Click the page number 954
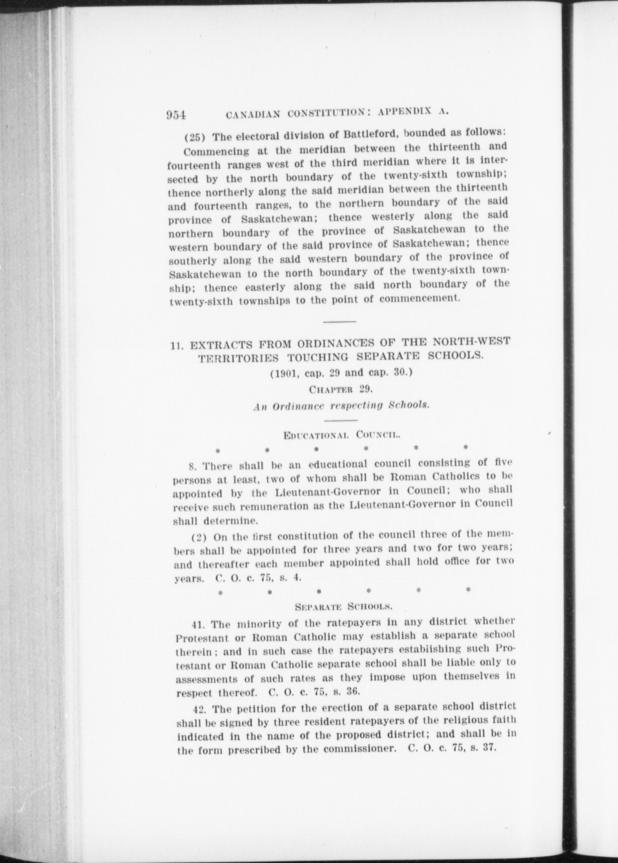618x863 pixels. coord(176,115)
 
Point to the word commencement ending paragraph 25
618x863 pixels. coord(419,299)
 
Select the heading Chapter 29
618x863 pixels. coord(341,389)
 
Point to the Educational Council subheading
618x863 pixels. coord(341,435)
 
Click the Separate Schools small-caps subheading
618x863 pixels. coord(343,607)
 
